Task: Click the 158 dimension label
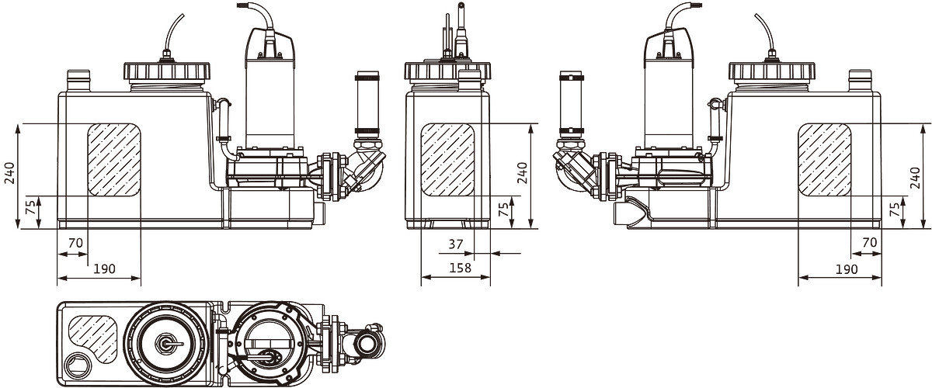(460, 268)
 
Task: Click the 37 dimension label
(456, 244)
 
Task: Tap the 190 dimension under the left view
(103, 269)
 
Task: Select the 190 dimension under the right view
(847, 269)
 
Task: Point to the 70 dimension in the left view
(75, 243)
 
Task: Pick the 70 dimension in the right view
(870, 243)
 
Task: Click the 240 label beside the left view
(10, 172)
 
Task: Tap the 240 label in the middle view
(522, 172)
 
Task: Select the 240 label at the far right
(916, 178)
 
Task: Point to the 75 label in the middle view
(504, 210)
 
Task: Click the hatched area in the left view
(114, 160)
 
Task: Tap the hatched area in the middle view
(447, 160)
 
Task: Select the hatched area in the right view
(825, 160)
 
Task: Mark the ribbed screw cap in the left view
(167, 71)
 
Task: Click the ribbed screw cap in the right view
(772, 71)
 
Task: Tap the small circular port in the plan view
(78, 366)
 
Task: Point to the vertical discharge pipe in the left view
(367, 105)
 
